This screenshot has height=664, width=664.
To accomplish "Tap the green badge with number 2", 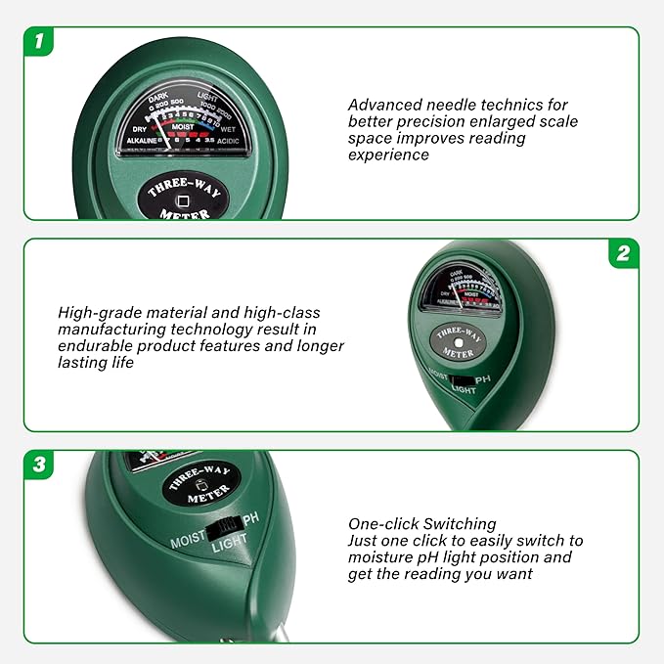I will point(623,254).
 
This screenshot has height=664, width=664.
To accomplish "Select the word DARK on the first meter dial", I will point(158,96).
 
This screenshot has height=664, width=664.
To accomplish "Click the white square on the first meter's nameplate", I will point(183,201).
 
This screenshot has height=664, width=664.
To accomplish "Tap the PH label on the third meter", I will point(252,517).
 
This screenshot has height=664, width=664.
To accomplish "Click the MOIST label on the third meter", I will point(188,540).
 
